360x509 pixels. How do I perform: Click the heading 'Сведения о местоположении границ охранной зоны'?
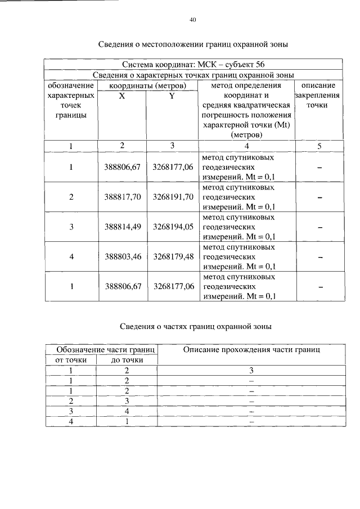coord(193,43)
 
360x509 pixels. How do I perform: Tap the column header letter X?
coord(122,96)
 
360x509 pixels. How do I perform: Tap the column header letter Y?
coord(172,96)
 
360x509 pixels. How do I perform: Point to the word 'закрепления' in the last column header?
coord(319,96)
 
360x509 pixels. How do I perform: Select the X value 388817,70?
coord(122,197)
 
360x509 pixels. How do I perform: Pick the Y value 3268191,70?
coord(173,197)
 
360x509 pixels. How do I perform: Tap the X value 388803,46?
coord(122,256)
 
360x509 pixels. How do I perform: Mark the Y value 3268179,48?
coord(173,256)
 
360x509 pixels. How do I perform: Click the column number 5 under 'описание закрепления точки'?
coord(319,146)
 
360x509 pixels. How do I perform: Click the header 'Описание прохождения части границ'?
coord(251,350)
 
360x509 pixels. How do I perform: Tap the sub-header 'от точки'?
coord(70,360)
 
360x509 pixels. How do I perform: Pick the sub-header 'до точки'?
coord(127,360)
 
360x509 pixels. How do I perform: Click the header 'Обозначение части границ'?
coord(101,350)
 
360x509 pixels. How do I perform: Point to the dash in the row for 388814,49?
coord(319,227)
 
